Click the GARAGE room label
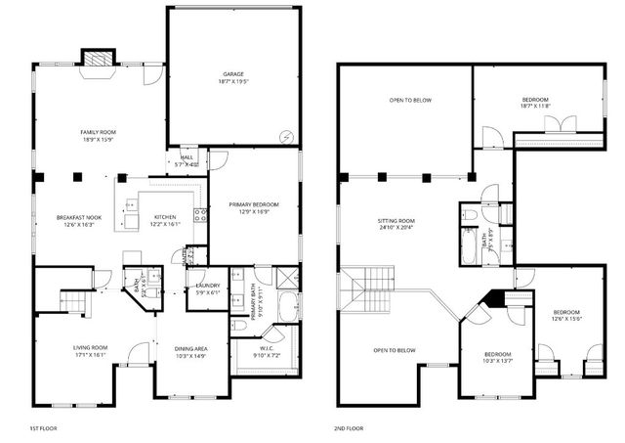231,77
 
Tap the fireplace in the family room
98,60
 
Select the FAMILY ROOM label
98,136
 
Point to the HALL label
186,159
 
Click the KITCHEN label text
164,221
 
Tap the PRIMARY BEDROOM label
254,207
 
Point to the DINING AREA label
190,352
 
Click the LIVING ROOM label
90,351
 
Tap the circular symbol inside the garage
285,137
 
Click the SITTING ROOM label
396,225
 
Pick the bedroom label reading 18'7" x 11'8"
534,103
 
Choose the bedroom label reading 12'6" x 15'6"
566,316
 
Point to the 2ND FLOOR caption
347,428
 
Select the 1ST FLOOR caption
44,428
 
